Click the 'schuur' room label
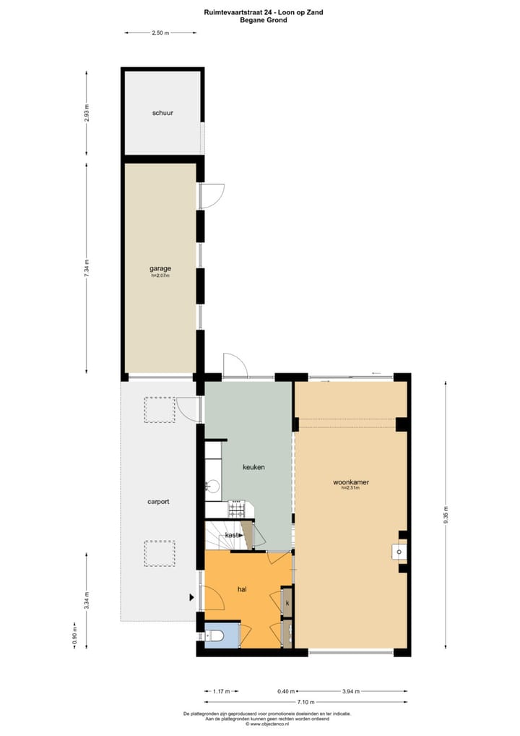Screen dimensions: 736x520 [x=162, y=113]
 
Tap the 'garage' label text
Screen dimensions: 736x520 [x=160, y=268]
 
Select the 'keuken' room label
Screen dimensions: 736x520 [x=253, y=467]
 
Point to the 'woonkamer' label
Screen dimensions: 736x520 [x=350, y=482]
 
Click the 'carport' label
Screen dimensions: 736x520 [x=158, y=501]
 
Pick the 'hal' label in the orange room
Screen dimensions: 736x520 [x=243, y=589]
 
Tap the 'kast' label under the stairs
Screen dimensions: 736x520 [x=232, y=534]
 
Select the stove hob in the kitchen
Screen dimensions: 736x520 [x=238, y=509]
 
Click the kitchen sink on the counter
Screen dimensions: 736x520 [x=212, y=486]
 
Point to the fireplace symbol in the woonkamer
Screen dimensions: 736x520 [x=398, y=553]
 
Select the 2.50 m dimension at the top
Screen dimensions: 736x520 [x=160, y=33]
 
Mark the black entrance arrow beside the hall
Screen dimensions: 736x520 [x=191, y=597]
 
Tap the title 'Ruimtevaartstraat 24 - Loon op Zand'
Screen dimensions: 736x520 [x=263, y=12]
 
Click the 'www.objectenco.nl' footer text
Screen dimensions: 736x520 [x=267, y=724]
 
